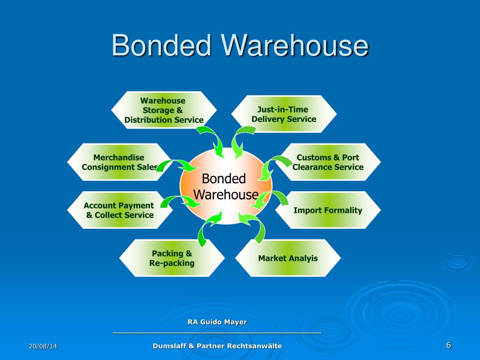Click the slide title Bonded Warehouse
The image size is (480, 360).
[x=240, y=46]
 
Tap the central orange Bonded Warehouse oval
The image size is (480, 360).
[x=225, y=186]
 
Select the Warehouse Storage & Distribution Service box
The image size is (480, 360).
[x=164, y=110]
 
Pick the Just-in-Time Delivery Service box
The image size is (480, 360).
[x=284, y=114]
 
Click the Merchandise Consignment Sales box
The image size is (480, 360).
[x=119, y=162]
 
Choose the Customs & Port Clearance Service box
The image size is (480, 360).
[x=328, y=162]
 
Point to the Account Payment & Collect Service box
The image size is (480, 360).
[x=119, y=210]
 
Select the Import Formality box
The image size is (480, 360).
[x=328, y=210]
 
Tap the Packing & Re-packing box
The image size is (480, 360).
[x=172, y=258]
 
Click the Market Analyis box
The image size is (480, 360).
[x=288, y=258]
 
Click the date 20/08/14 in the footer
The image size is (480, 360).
[x=43, y=346]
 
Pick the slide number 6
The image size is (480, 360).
[x=449, y=345]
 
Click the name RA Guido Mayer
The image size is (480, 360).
[x=217, y=322]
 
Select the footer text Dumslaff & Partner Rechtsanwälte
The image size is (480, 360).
[x=217, y=346]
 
